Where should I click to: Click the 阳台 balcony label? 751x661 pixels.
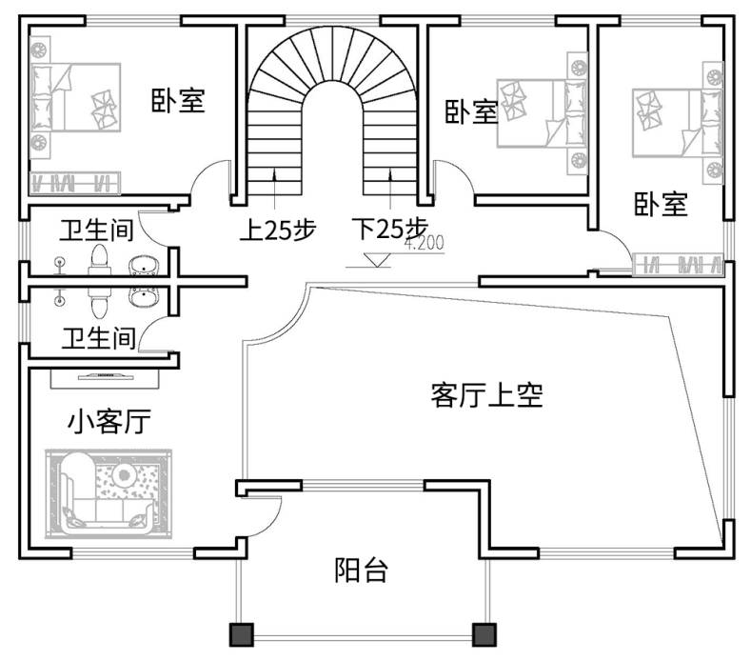coord(362,571)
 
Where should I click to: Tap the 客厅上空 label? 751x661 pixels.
coord(486,395)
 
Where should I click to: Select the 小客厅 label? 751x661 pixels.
coord(109,421)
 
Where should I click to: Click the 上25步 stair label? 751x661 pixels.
coord(276,230)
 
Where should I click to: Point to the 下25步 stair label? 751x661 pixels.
coord(389,230)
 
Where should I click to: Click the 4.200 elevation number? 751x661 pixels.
coord(424,244)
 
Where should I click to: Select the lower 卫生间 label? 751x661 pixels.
coord(97,337)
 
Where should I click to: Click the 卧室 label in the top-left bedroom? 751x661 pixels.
coord(178,99)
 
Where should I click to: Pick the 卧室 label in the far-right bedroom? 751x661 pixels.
coord(662,203)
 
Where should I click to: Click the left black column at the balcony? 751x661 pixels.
coord(240,635)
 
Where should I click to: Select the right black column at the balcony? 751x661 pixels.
coord(484,635)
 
